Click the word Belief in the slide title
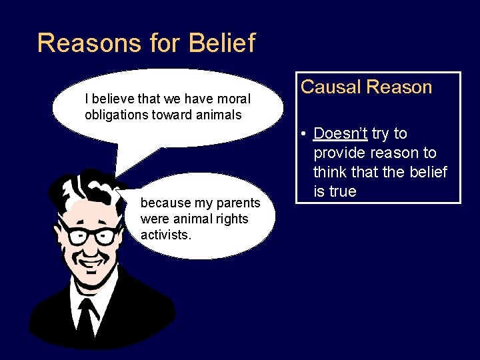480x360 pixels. [222, 43]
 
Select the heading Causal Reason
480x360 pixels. [366, 87]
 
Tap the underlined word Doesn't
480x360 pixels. [340, 133]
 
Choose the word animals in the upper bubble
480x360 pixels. [219, 115]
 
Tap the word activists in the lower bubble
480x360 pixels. [166, 235]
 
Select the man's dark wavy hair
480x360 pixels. [73, 193]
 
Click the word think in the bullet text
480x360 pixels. [332, 173]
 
